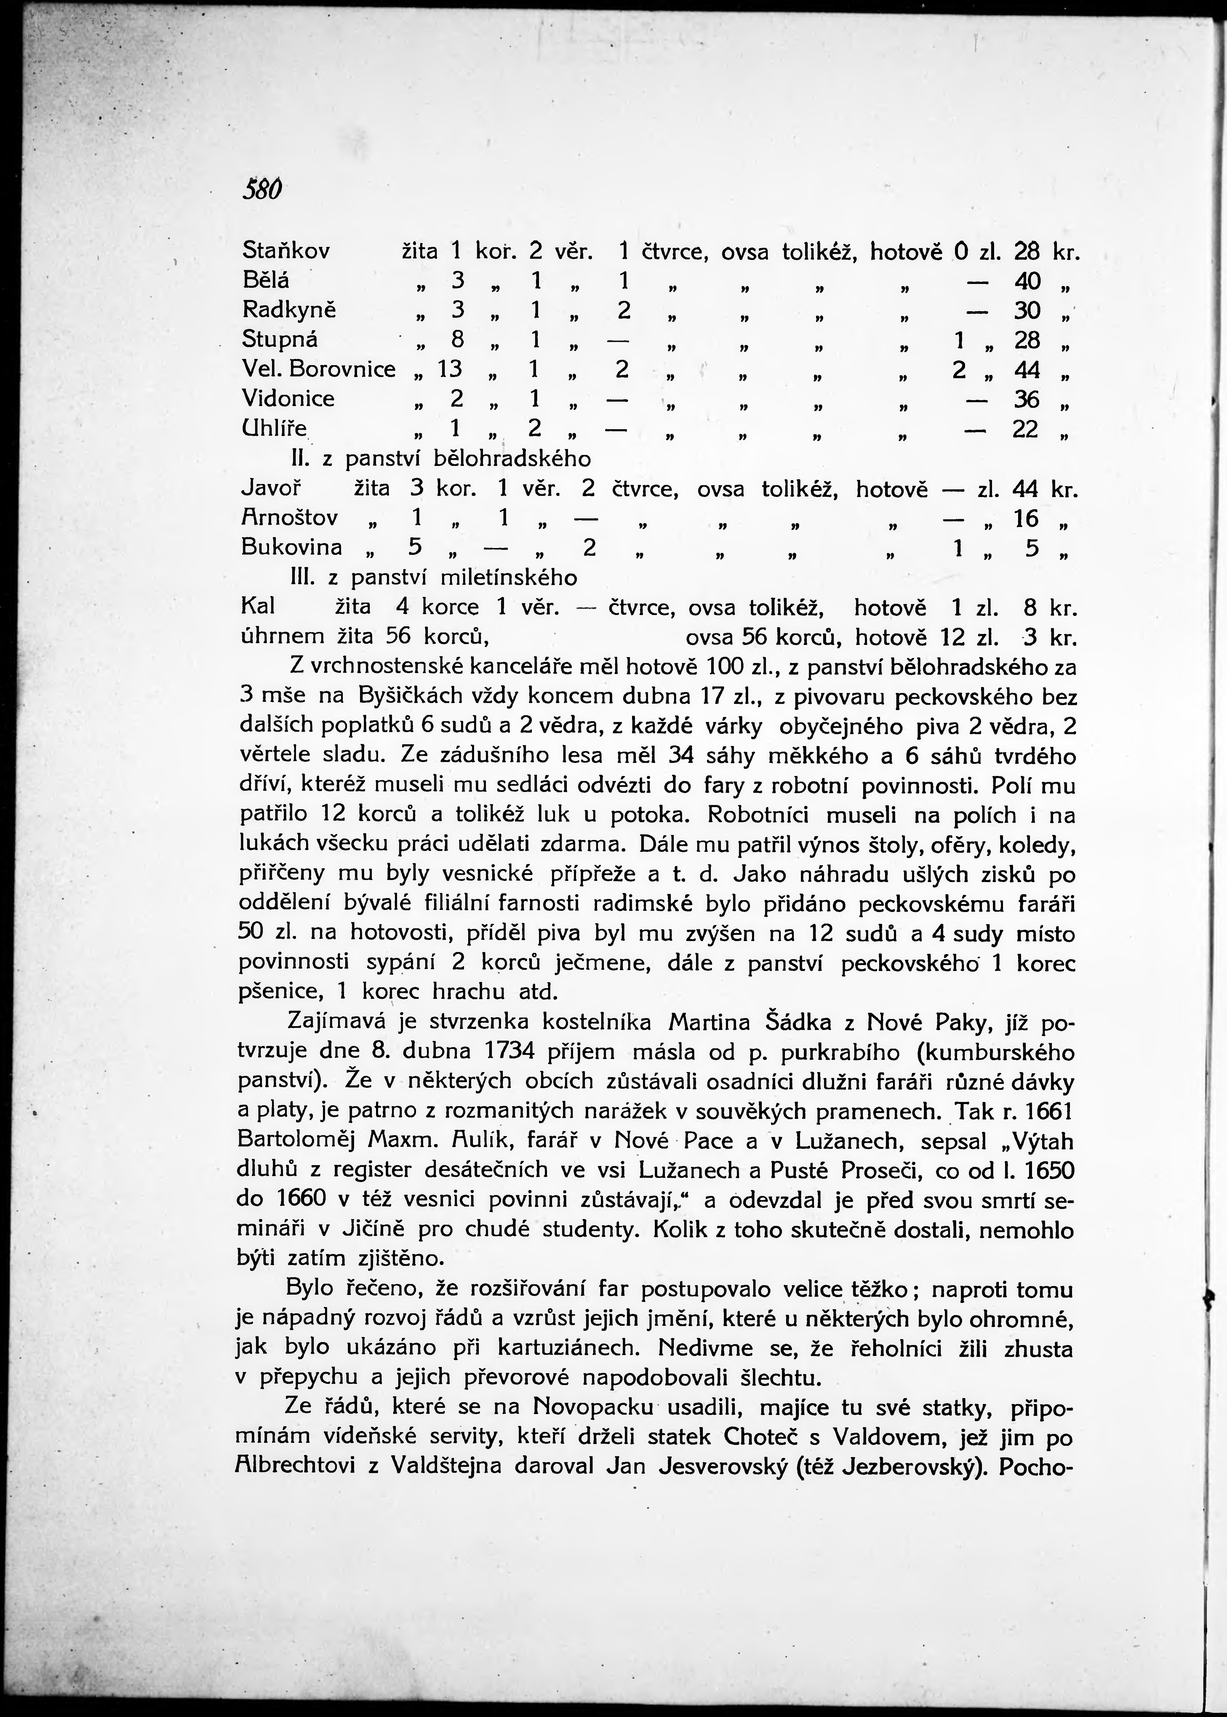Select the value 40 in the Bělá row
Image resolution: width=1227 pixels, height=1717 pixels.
(1028, 281)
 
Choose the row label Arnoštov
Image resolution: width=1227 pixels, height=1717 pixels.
(289, 518)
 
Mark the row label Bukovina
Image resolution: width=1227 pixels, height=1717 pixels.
(292, 547)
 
